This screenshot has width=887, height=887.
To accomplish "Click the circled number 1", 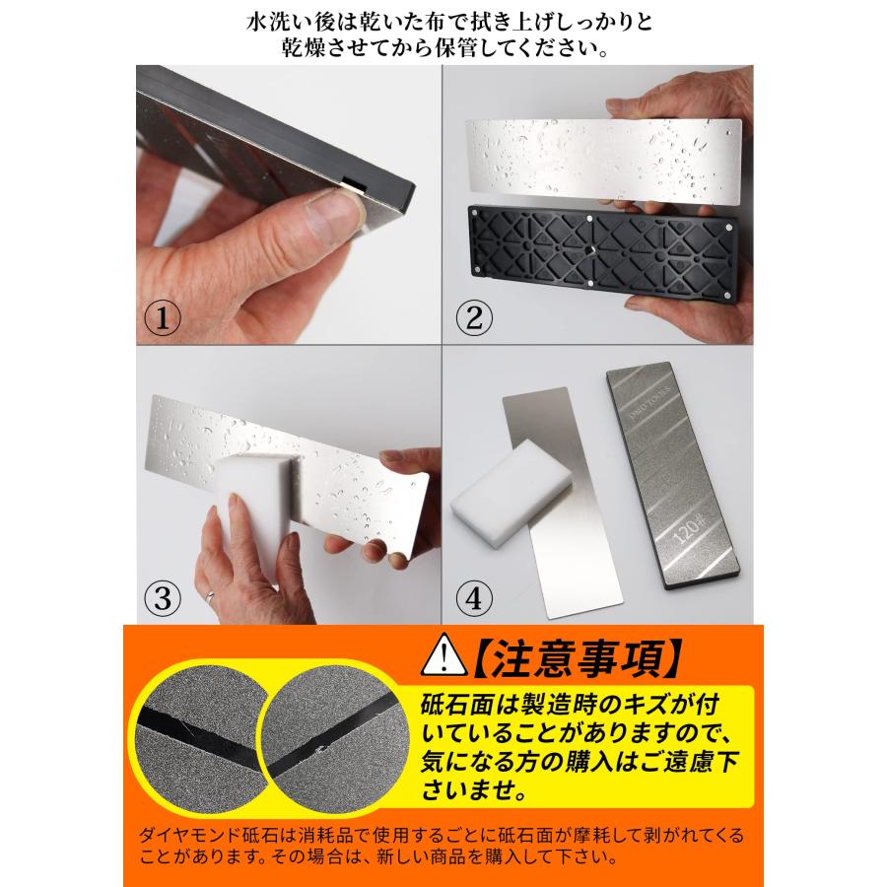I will tap(161, 320).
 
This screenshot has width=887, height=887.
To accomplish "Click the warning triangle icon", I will tap(441, 654).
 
